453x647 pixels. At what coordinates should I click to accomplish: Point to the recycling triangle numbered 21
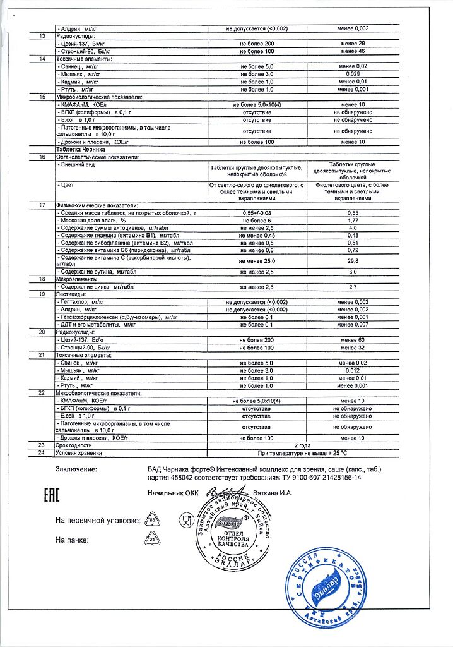pos(151,540)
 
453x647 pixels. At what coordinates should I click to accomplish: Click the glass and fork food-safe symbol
pos(185,520)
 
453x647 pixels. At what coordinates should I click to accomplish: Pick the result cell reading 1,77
pos(353,221)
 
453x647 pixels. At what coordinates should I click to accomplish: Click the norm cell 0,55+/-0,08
pos(256,214)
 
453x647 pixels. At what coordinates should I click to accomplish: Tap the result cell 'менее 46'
pos(353,51)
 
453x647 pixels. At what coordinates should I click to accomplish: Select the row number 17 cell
pos(42,206)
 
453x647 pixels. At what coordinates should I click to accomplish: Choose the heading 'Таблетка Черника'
pos(79,150)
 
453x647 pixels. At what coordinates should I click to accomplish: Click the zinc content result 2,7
pos(353,286)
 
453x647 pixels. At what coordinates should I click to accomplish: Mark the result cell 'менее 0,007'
pos(353,324)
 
